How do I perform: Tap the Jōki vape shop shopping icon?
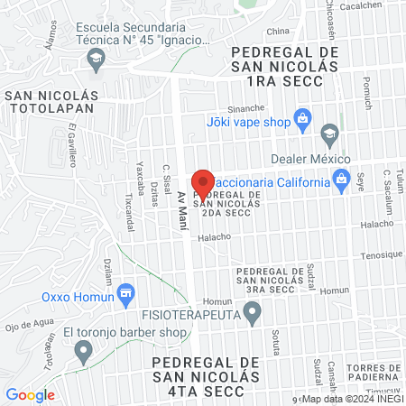click(302, 117)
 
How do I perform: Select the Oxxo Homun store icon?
click(125, 292)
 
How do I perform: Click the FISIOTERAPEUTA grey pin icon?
click(253, 313)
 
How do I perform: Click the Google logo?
click(30, 394)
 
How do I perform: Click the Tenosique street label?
click(381, 254)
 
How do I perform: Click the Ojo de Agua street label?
click(23, 327)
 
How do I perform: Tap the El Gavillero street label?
click(70, 152)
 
